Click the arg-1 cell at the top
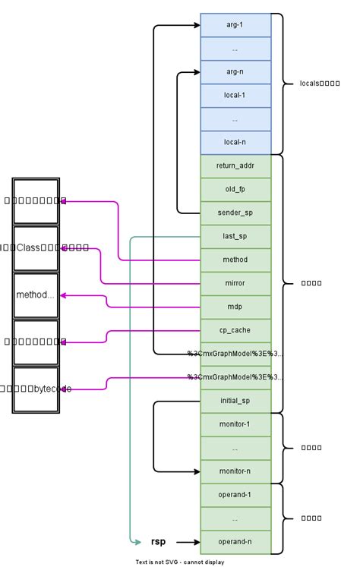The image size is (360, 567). (235, 25)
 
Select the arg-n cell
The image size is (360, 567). (235, 72)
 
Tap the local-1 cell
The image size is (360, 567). (235, 96)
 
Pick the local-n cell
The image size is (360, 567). (235, 142)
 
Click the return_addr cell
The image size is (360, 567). (235, 165)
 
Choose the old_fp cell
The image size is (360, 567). (235, 189)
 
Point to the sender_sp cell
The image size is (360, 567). (235, 213)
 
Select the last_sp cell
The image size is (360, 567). (235, 236)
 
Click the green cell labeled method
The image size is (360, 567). (235, 260)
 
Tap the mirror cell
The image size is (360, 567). (235, 283)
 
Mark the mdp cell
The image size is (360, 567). (235, 307)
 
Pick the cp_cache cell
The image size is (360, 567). (235, 330)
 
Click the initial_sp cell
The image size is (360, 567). (235, 400)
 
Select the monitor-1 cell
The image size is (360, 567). (235, 424)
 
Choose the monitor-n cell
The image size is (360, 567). (235, 471)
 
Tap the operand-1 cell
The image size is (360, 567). (235, 494)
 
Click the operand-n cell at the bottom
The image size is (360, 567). (235, 541)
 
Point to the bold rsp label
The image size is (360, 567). (158, 542)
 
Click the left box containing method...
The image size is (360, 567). (36, 295)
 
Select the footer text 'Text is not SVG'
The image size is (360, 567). (180, 562)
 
